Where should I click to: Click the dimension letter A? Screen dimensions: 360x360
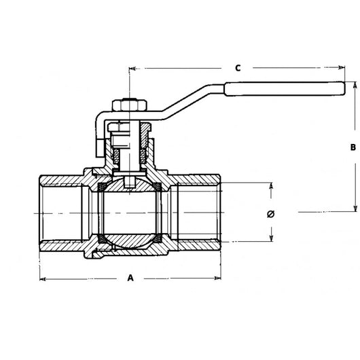point(130,278)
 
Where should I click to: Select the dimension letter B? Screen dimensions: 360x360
point(353,147)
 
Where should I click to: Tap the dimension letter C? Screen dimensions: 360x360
point(238,68)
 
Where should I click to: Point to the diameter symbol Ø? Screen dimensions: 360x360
point(271,213)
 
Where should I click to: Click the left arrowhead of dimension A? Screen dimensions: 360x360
point(41,278)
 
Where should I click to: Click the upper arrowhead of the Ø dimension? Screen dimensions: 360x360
point(272,185)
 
